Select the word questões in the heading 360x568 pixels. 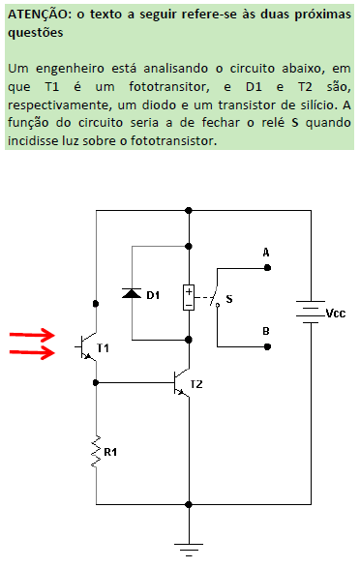point(36,32)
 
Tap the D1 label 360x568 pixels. point(153,294)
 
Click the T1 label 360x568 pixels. point(105,346)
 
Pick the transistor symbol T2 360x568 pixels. point(180,383)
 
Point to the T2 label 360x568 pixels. point(196,384)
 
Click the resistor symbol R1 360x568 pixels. point(97,451)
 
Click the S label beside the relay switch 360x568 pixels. point(229,298)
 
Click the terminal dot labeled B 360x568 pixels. point(266,345)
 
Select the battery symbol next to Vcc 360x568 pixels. point(309,314)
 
